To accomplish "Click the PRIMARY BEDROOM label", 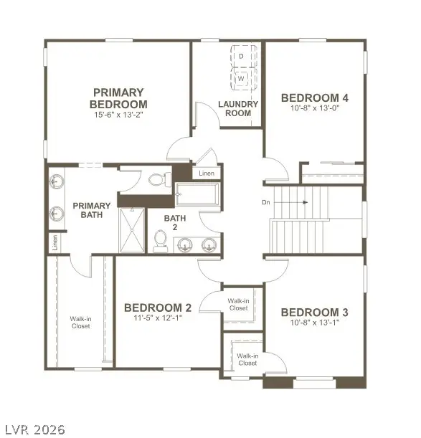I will (118, 98).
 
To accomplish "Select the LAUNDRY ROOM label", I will (238, 108).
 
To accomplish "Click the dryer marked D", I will (242, 55).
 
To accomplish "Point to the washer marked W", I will (242, 77).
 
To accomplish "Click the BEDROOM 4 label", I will (315, 98).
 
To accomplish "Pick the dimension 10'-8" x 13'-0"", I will (315, 110).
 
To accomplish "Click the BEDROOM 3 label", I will (314, 313).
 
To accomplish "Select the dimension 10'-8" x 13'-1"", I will (314, 324).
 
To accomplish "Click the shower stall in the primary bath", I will (131, 230).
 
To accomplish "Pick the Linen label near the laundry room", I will (206, 173).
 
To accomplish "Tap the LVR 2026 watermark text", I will (33, 429).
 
